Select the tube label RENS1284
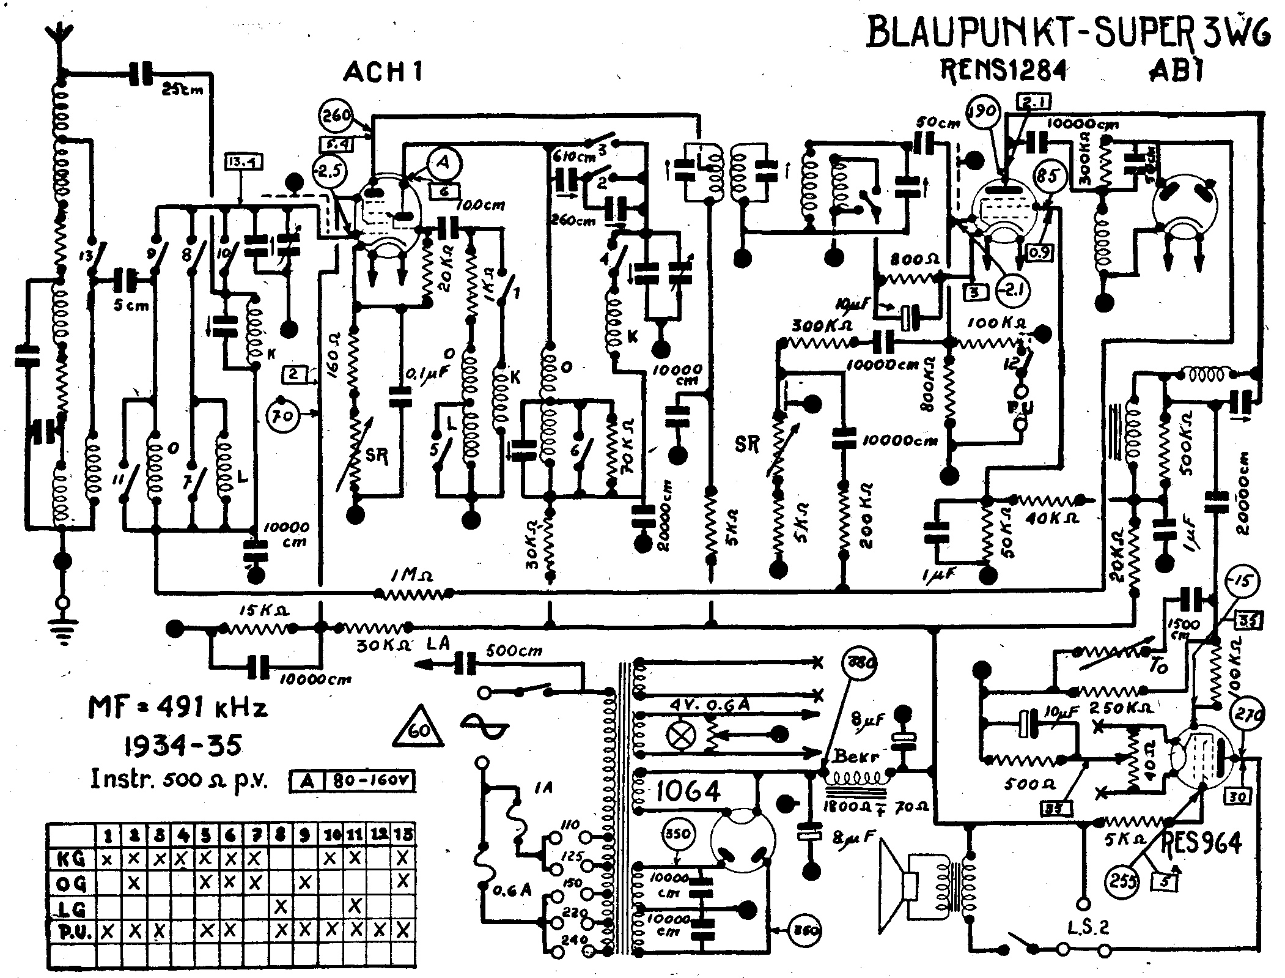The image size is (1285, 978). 1003,71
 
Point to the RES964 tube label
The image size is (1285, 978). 1201,843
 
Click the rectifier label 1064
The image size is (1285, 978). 687,792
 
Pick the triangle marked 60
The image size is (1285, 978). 419,729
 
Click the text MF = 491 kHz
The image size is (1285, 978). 178,708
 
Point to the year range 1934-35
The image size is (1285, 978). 182,745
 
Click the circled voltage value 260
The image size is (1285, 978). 336,115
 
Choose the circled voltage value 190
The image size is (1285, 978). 983,113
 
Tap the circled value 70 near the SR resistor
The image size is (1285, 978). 283,417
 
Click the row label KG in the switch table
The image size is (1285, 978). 71,859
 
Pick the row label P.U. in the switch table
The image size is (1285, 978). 73,932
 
